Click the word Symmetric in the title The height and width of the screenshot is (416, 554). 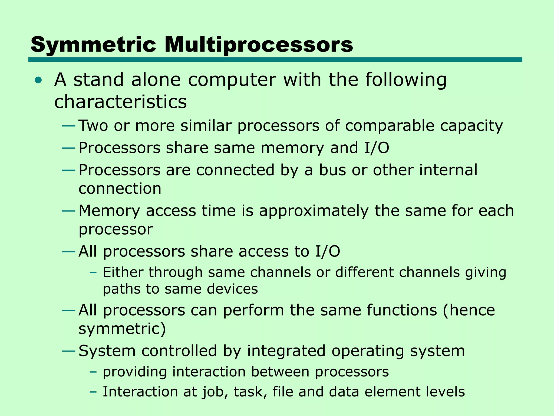click(93, 45)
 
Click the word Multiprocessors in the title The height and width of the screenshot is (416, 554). click(258, 45)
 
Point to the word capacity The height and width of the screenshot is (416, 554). click(471, 126)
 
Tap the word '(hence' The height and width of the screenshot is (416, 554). click(469, 310)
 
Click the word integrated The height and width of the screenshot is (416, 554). click(286, 351)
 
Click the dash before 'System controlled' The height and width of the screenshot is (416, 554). click(68, 351)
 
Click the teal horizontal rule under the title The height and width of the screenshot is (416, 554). click(275, 60)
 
